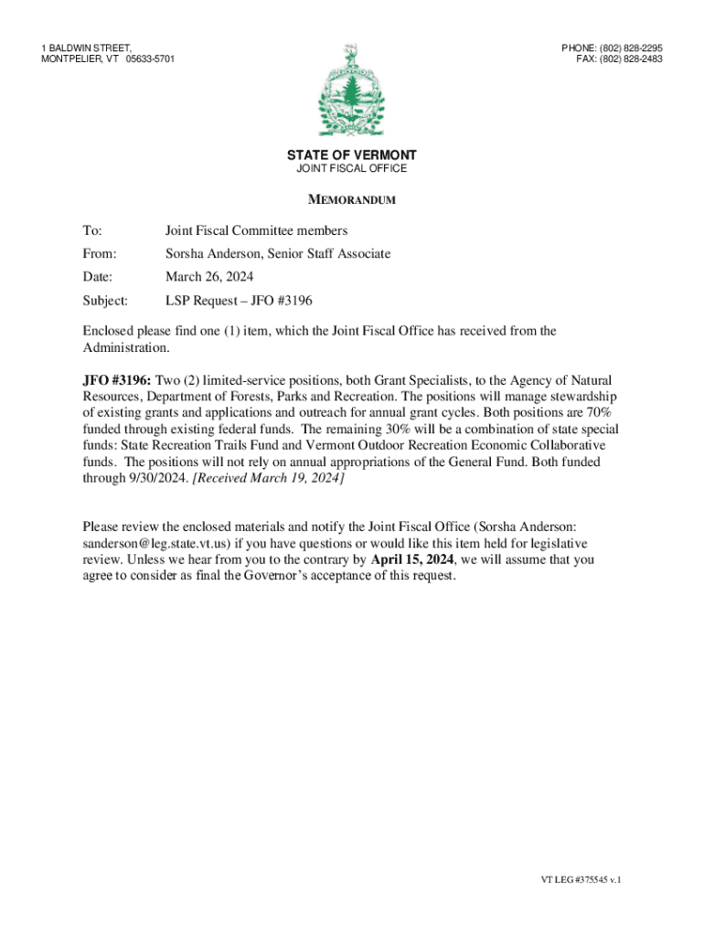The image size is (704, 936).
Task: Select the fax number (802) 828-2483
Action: (630, 58)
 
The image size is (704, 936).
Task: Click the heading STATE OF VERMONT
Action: (352, 155)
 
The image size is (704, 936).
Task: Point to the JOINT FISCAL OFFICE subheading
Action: (352, 169)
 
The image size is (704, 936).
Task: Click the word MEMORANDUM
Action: (352, 200)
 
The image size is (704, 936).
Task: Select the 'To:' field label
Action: (92, 231)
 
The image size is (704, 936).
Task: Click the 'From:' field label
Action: (99, 254)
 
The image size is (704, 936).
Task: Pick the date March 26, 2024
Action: (209, 277)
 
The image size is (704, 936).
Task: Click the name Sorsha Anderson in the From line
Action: (212, 254)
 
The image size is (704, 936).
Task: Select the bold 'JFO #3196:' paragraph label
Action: (117, 380)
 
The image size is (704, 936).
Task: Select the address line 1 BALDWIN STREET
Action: (86, 47)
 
